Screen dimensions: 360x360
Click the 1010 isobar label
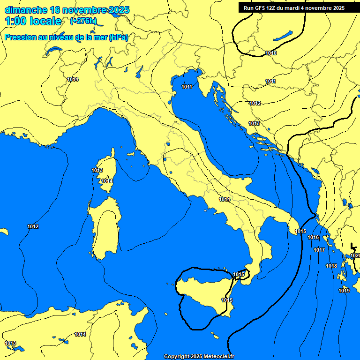pos(270,53)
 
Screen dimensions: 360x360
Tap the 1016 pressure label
pos(313,238)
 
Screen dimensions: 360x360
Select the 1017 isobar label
pos(319,250)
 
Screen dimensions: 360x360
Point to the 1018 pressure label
pos(331,266)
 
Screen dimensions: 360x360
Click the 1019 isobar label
pos(344,291)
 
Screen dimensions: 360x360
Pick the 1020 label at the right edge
pos(355,255)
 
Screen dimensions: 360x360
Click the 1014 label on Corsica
pos(107,181)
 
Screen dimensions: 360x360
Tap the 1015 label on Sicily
pos(227,300)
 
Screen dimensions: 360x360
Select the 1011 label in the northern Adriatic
pos(187,87)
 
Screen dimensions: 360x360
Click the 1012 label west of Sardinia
pos(33,226)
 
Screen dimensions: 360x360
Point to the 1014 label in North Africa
pos(80,334)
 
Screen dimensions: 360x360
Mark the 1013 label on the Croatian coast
pos(254,123)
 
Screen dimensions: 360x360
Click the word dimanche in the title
pos(26,10)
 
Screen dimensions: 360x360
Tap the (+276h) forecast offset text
pos(83,21)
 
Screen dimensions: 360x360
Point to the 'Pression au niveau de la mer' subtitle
pos(56,37)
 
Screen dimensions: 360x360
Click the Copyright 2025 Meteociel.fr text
pos(199,356)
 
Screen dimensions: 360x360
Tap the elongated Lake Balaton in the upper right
pos(283,36)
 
